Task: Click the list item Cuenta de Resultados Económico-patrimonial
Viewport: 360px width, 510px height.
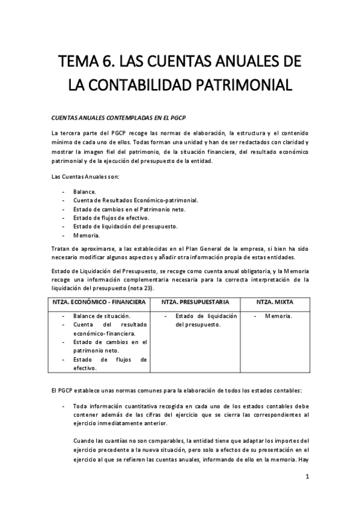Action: pyautogui.click(x=135, y=200)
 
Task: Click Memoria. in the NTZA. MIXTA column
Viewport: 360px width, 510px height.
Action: pyautogui.click(x=278, y=316)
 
